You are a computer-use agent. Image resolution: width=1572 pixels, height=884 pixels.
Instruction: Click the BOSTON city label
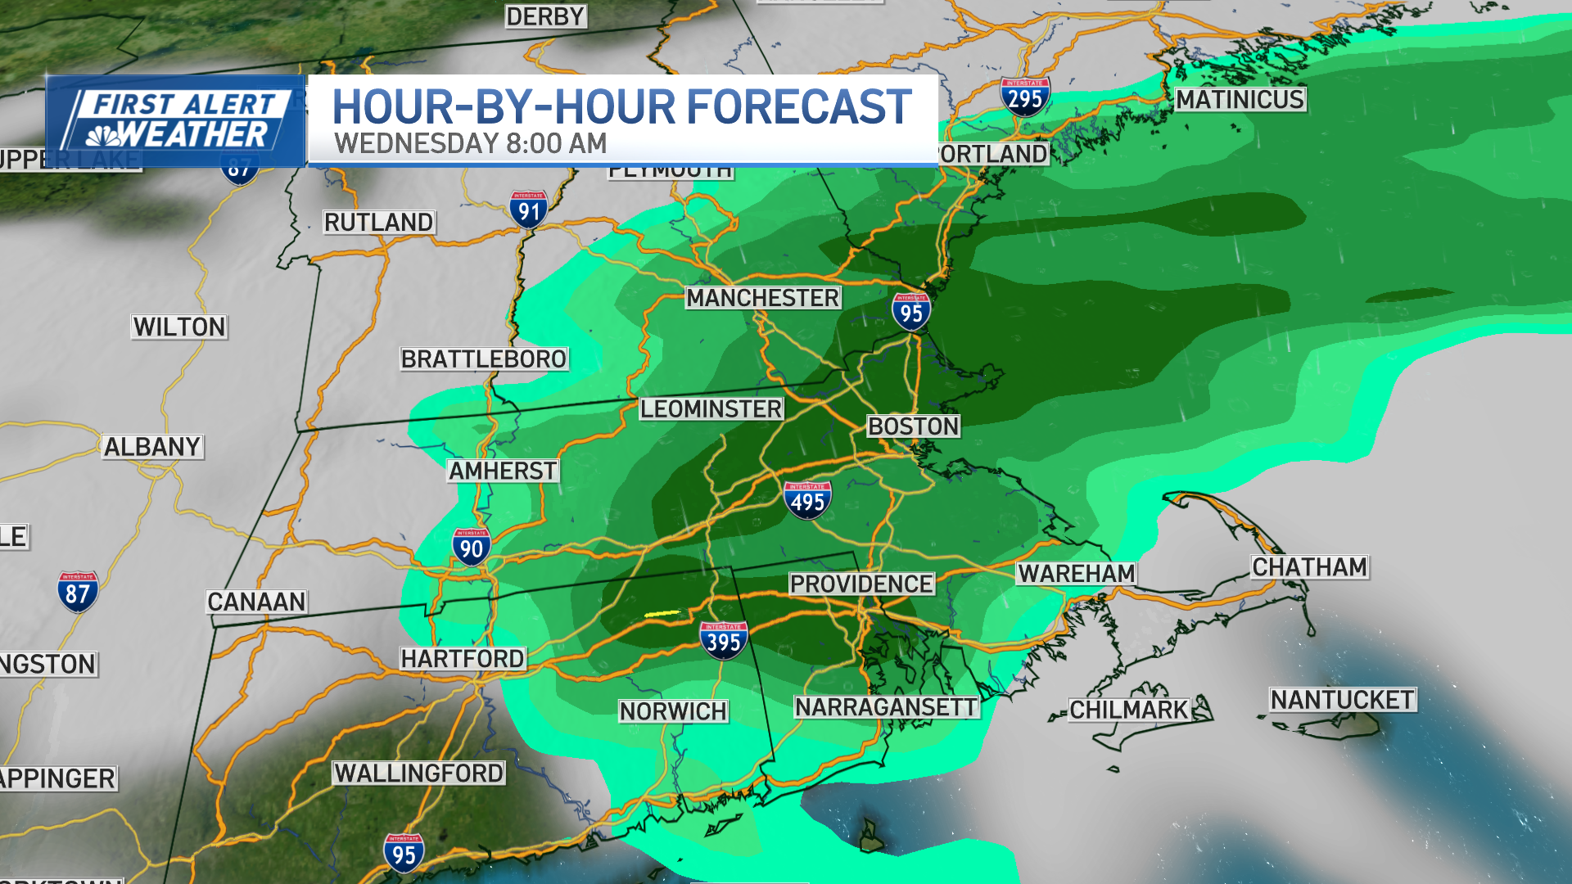[x=913, y=426]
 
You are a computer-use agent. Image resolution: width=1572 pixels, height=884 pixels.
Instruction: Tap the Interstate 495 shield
[x=807, y=500]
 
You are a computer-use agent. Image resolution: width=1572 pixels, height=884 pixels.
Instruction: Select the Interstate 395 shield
[x=723, y=640]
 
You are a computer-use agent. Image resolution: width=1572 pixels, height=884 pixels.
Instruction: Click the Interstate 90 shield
[x=472, y=547]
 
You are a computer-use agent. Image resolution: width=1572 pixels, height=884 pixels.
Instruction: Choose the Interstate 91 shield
[x=529, y=210]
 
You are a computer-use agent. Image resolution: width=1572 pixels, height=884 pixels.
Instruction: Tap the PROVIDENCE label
[x=861, y=584]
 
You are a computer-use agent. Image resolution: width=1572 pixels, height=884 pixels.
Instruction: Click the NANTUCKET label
[x=1342, y=700]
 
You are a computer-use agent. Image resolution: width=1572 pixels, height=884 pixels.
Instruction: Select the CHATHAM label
[x=1309, y=566]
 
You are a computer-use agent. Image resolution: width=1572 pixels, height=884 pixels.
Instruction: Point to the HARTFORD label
[x=463, y=658]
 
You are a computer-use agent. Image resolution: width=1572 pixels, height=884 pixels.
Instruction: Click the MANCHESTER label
[x=762, y=298]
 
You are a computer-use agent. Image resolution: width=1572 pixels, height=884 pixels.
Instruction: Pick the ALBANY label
[x=152, y=447]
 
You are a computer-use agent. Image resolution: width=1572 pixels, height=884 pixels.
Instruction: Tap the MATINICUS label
[x=1240, y=100]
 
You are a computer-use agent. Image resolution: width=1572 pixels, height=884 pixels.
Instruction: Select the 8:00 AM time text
[x=556, y=144]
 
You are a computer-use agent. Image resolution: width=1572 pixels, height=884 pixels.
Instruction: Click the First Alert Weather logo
[x=176, y=121]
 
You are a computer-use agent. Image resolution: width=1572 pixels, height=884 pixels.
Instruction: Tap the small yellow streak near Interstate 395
[x=662, y=612]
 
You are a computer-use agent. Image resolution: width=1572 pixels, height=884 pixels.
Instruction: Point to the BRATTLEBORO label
[x=483, y=359]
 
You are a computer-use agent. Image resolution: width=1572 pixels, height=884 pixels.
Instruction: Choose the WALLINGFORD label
[x=418, y=773]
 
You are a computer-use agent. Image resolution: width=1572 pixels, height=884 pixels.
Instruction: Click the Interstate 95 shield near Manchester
[x=910, y=311]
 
